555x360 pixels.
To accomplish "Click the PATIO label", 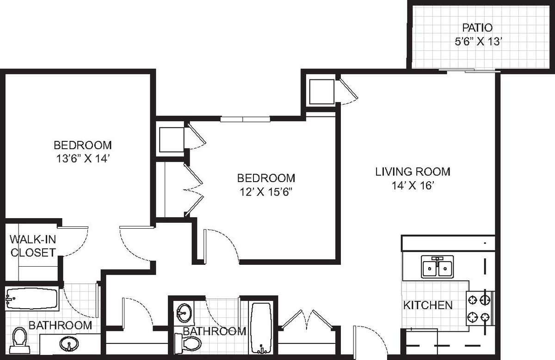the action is [477, 28].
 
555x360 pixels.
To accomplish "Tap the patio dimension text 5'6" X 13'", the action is [478, 41].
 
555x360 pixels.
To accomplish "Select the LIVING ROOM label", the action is [413, 172].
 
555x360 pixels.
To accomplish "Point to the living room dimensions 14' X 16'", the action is [413, 185].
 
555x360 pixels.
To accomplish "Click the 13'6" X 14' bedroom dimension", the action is [83, 159].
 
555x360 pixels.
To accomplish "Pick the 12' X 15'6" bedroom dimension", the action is [266, 192].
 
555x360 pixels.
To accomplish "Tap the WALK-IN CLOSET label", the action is [33, 246].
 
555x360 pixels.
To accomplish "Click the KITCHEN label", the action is [428, 305].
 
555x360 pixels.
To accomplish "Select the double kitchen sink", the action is [438, 267].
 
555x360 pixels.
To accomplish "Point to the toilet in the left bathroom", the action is [19, 341].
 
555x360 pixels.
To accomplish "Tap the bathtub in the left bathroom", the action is [32, 299].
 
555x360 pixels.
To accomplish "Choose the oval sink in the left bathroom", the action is [69, 344].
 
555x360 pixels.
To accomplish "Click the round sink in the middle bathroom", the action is [184, 313].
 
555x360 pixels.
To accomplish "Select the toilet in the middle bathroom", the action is [188, 344].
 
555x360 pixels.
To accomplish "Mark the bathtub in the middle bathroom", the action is [261, 328].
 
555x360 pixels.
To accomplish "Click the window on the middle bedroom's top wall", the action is [245, 119].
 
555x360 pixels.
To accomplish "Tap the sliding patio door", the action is [469, 71].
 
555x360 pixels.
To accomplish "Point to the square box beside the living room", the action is [321, 92].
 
